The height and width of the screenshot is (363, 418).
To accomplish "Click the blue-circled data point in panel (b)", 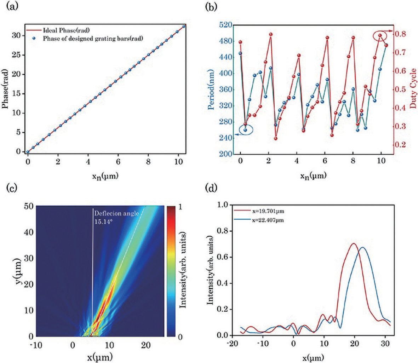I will click(245, 130).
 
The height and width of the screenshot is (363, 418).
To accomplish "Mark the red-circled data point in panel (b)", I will click(380, 35).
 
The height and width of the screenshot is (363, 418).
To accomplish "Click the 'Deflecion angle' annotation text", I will click(115, 213).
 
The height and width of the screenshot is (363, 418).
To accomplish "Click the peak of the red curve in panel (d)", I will click(353, 243).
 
